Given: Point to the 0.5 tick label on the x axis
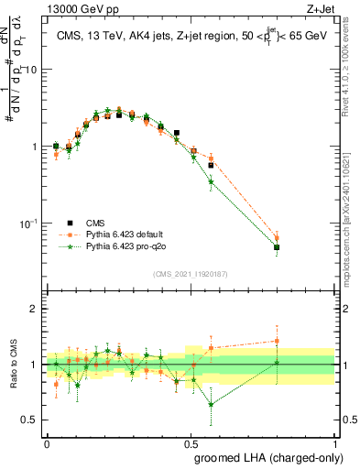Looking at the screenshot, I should (x=191, y=442).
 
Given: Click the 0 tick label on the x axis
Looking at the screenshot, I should (x=47, y=442).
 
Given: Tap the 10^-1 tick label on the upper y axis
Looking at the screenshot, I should (x=30, y=223).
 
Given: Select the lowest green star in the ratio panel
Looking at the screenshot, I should (x=212, y=404).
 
